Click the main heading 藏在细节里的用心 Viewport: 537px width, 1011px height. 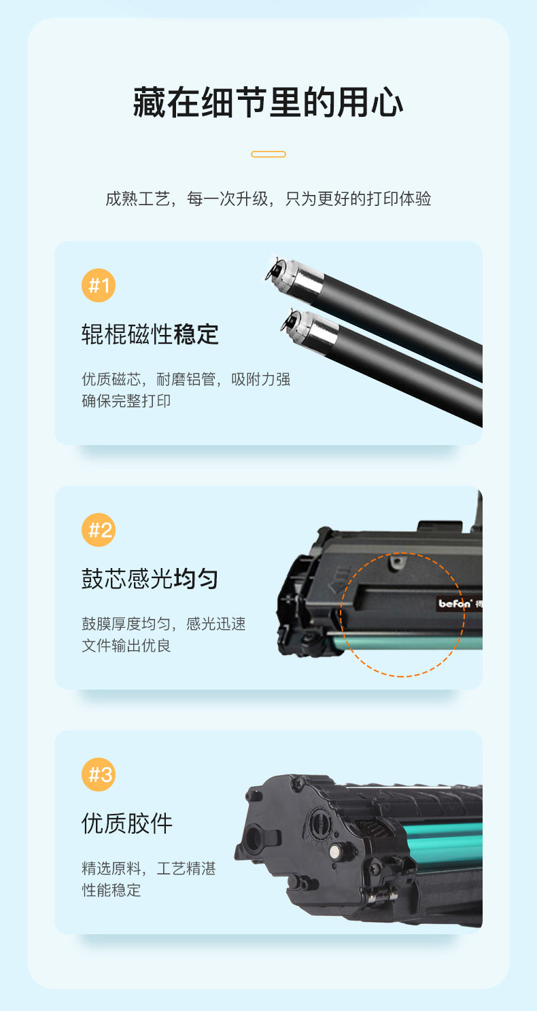point(268,103)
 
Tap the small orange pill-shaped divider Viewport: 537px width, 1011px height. point(268,154)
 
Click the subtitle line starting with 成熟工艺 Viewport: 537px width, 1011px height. point(268,198)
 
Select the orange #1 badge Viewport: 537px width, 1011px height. point(99,285)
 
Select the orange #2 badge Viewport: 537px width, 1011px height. point(99,530)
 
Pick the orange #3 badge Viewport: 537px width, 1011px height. point(99,775)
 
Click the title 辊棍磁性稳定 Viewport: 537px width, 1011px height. point(150,334)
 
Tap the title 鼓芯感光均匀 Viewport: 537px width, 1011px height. point(150,579)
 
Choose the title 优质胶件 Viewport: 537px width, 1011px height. point(127,823)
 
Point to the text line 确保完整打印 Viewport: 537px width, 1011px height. point(126,401)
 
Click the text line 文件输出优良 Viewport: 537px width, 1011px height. point(126,645)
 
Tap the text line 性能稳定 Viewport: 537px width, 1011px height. point(111,890)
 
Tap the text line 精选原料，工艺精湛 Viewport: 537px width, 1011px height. point(149,868)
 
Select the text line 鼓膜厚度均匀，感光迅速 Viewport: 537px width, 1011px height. point(164,624)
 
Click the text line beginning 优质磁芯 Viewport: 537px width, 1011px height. point(186,379)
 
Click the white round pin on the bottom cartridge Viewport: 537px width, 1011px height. point(335,851)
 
